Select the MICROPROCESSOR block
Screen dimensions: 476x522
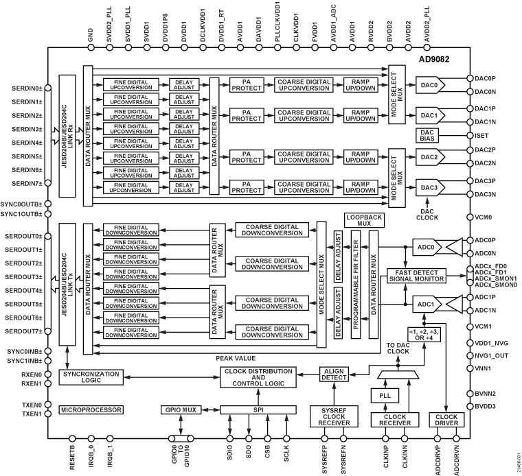(x=91, y=409)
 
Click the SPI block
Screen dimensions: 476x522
(x=258, y=409)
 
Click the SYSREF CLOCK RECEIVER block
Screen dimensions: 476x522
(x=334, y=414)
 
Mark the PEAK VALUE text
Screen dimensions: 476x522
(x=236, y=358)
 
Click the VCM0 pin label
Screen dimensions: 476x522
(x=484, y=217)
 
